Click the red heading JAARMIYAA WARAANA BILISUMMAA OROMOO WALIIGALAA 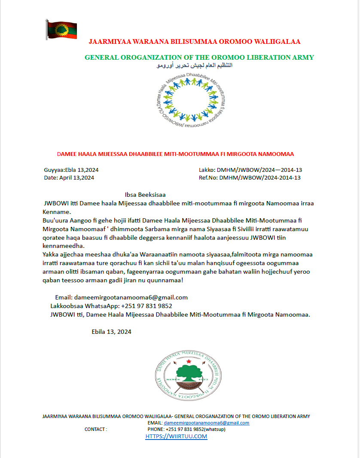point(194,42)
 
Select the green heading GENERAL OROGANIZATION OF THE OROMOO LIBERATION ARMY point(199,58)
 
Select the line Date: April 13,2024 point(69,177)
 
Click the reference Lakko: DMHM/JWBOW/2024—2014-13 point(250,170)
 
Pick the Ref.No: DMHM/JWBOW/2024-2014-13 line point(250,177)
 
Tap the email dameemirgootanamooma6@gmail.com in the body point(131,297)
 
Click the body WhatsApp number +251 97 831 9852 point(146,306)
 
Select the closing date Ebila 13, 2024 point(111,332)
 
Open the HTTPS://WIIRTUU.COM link point(176,437)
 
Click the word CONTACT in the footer point(95,429)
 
